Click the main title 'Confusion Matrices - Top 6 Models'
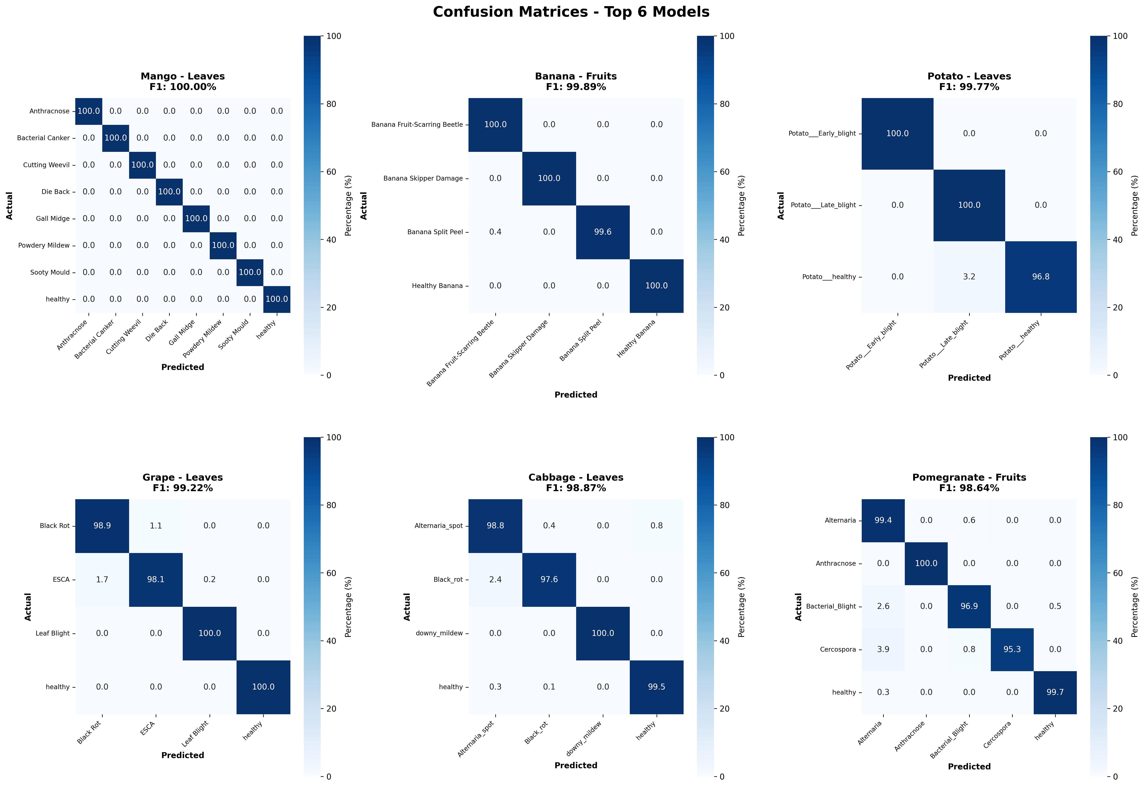(571, 12)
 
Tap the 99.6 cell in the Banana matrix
(603, 232)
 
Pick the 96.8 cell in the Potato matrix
(1040, 277)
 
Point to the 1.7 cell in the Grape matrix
(102, 579)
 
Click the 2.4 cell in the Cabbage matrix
(495, 579)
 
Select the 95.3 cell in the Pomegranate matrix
(1012, 650)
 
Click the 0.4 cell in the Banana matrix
(495, 232)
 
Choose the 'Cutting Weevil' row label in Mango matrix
(46, 165)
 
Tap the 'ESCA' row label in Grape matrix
(61, 579)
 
